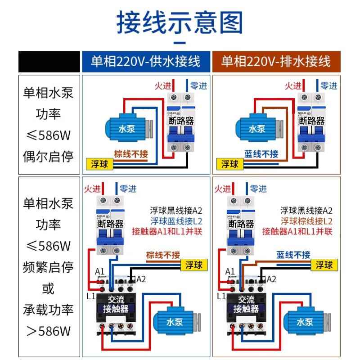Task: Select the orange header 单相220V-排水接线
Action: coord(276,61)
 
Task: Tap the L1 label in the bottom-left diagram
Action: coord(90,296)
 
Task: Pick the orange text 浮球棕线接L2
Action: coord(306,221)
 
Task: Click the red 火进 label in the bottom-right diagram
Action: coord(224,189)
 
